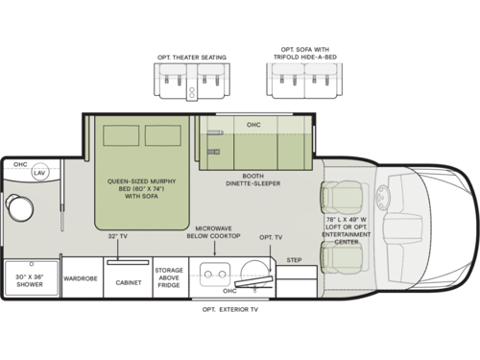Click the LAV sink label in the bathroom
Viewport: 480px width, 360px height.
coord(39,173)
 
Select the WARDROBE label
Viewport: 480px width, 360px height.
coord(84,281)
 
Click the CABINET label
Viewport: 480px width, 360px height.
coord(129,282)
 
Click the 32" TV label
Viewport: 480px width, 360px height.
coord(118,235)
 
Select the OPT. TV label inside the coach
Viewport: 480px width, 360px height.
coord(271,236)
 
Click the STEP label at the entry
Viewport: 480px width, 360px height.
coord(294,259)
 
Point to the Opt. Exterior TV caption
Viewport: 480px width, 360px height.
coord(235,309)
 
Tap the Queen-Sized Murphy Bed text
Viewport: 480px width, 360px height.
coord(144,180)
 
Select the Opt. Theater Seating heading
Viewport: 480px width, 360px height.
coord(192,57)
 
